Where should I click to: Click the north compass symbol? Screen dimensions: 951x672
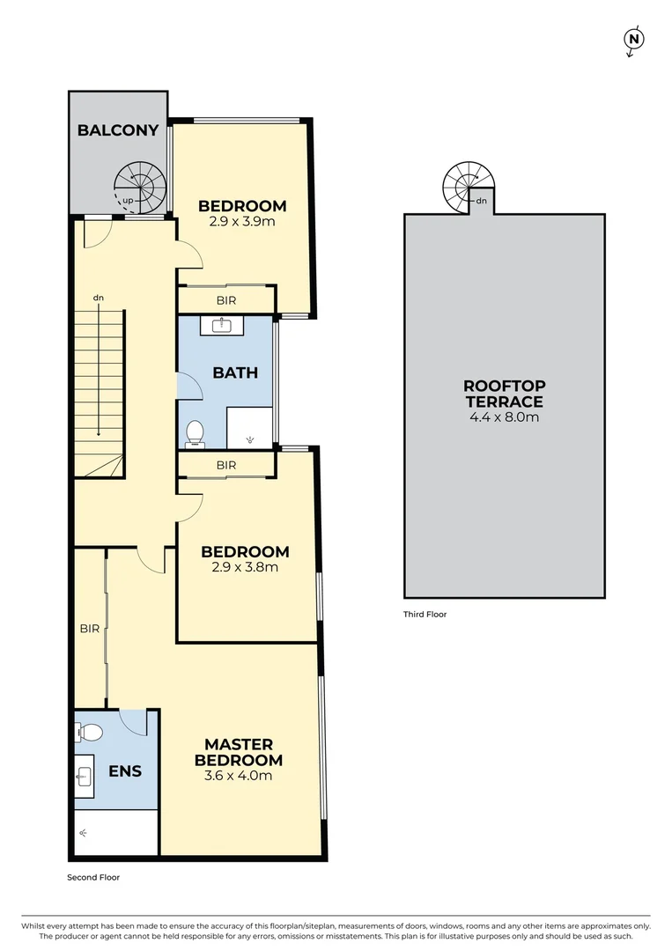pyautogui.click(x=633, y=40)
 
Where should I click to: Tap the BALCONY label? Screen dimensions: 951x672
pyautogui.click(x=118, y=130)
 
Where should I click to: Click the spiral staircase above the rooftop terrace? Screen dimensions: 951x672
pyautogui.click(x=469, y=188)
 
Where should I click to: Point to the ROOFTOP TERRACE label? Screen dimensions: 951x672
pyautogui.click(x=505, y=394)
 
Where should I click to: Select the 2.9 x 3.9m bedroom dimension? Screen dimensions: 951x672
pyautogui.click(x=242, y=222)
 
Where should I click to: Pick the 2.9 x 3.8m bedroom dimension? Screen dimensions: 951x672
pyautogui.click(x=245, y=568)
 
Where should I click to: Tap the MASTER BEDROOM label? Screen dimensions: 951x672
pyautogui.click(x=239, y=752)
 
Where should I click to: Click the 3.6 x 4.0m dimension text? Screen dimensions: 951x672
pyautogui.click(x=239, y=776)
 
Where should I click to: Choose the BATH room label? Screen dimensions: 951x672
pyautogui.click(x=235, y=372)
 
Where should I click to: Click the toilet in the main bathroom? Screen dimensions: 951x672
pyautogui.click(x=195, y=432)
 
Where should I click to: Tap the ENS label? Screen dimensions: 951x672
pyautogui.click(x=125, y=771)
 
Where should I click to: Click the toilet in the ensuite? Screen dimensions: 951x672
pyautogui.click(x=89, y=732)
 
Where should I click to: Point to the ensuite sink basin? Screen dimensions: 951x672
pyautogui.click(x=85, y=776)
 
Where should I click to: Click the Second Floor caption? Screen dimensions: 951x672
pyautogui.click(x=93, y=877)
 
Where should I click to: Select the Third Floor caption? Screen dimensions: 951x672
pyautogui.click(x=425, y=615)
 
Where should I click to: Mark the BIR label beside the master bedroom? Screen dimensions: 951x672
pyautogui.click(x=89, y=629)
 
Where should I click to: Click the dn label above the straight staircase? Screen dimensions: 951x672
pyautogui.click(x=99, y=299)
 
